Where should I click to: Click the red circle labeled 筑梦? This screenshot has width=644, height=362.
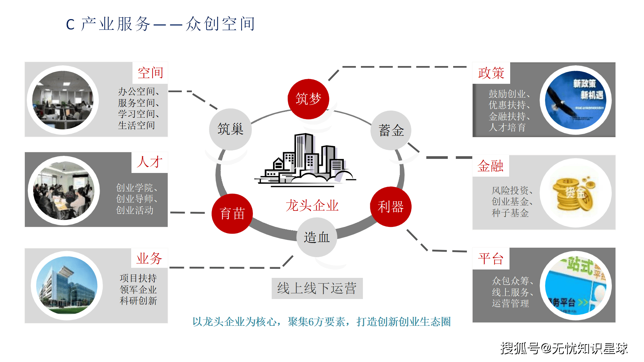click(x=308, y=99)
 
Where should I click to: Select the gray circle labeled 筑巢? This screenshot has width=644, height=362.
click(x=230, y=129)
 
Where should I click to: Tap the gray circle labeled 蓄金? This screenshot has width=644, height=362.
click(x=391, y=130)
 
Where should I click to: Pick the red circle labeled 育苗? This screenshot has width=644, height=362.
click(x=232, y=214)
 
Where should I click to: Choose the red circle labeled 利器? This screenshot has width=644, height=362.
click(x=390, y=207)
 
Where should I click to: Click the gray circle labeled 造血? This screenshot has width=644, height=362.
click(x=317, y=237)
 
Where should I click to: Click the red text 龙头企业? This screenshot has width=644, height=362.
click(x=312, y=205)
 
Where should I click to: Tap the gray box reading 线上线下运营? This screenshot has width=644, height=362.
click(x=317, y=288)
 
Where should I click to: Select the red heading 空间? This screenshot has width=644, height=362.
click(x=150, y=73)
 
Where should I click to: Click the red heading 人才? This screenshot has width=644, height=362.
click(x=150, y=162)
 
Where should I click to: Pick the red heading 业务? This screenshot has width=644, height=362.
click(x=149, y=258)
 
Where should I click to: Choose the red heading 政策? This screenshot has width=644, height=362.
click(x=491, y=73)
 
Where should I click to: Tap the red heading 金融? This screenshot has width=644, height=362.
click(x=490, y=166)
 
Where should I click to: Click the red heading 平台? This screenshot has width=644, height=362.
click(x=491, y=259)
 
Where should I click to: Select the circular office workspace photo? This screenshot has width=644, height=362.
click(x=63, y=100)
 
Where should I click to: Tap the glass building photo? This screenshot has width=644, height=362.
click(x=67, y=286)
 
